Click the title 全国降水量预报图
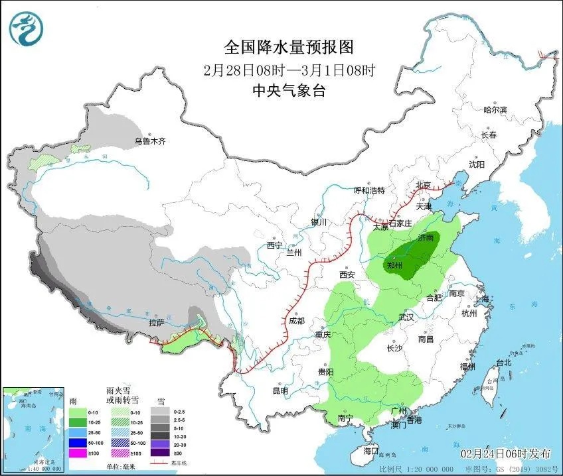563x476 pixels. click(289, 47)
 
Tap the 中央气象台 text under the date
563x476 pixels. click(289, 91)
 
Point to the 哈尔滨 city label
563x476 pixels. click(495, 109)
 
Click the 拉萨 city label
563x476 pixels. click(156, 324)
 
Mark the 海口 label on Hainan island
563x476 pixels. click(370, 451)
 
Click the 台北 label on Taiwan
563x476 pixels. click(504, 363)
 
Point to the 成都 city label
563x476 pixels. click(296, 321)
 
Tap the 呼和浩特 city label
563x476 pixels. click(369, 191)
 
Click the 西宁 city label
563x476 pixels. click(275, 245)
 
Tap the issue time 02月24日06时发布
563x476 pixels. click(506, 454)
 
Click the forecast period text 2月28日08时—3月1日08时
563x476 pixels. click(289, 70)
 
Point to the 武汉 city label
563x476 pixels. click(406, 318)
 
